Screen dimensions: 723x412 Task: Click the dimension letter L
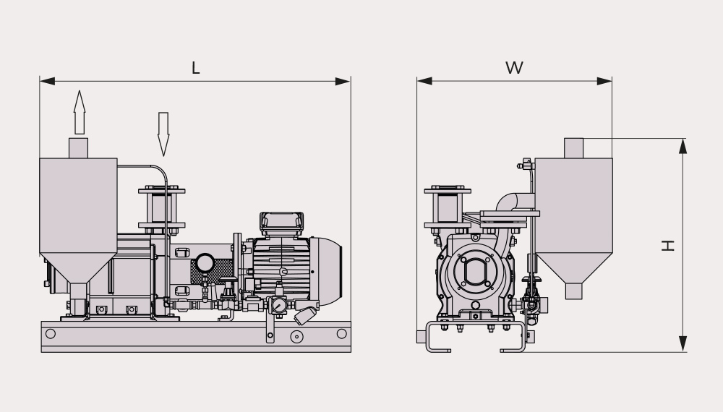(x=195, y=68)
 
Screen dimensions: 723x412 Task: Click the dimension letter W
(x=514, y=68)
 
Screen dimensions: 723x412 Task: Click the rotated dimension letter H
(x=667, y=245)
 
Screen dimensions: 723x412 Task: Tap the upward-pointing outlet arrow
(x=80, y=112)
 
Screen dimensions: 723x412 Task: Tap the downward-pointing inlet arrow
(x=163, y=134)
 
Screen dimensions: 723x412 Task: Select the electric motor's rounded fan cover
(x=326, y=272)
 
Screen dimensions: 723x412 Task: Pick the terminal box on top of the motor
(x=281, y=224)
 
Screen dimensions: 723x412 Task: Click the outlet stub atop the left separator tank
(x=78, y=148)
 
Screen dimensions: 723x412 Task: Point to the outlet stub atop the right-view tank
(x=573, y=148)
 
